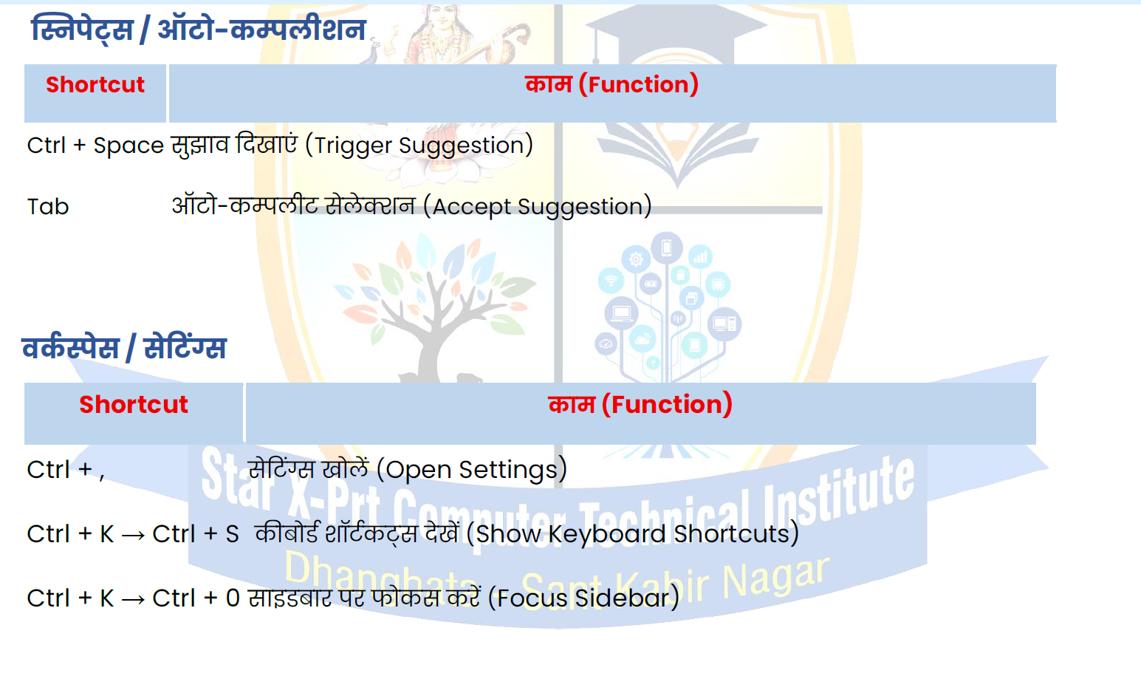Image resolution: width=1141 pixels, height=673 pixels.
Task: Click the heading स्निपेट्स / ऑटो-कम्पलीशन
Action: point(199,30)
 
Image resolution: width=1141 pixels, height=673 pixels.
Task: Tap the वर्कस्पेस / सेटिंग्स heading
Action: point(124,349)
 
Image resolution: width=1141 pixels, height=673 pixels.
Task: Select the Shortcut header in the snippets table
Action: point(95,84)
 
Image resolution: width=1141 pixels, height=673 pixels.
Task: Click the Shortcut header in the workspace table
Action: point(134,405)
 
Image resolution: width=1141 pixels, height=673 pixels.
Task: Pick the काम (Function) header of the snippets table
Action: point(611,84)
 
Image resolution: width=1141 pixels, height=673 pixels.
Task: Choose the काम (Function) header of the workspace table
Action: point(640,405)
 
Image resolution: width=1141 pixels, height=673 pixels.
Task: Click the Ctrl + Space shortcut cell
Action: point(95,146)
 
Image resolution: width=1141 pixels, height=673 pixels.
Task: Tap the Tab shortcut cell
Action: point(48,207)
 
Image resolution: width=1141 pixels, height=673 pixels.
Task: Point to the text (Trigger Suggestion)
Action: point(419,146)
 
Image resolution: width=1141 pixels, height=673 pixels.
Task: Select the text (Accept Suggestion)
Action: point(538,207)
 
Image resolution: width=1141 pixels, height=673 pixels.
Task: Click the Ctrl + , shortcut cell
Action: point(66,470)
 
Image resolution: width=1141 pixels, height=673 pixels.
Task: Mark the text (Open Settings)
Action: point(472,470)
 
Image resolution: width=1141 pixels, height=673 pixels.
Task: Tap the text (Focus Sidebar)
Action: point(583,598)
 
